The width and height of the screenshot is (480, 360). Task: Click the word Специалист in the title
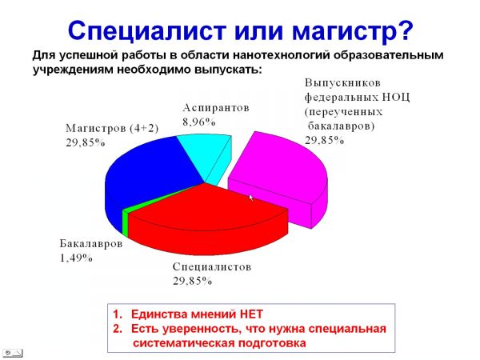[x=146, y=31]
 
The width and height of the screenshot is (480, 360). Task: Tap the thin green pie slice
[x=125, y=222]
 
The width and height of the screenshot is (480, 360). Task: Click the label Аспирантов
[x=216, y=108]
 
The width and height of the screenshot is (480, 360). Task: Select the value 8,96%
[x=199, y=122]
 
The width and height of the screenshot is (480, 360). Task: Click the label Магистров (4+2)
[x=112, y=128]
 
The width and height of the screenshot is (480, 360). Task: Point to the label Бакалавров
[x=91, y=244]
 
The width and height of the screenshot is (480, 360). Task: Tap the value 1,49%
[x=76, y=258]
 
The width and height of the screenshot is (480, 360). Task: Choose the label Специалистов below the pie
[x=212, y=266]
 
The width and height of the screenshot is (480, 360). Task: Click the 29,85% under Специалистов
[x=192, y=281]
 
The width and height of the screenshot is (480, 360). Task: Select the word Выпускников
[x=342, y=83]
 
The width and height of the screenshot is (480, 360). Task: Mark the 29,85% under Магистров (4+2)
[x=86, y=142]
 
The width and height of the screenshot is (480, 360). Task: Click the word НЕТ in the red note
[x=251, y=314]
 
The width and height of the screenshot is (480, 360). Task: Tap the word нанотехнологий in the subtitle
[x=282, y=55]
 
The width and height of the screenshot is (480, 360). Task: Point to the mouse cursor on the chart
[x=251, y=198]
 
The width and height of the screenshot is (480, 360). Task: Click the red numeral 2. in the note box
[x=118, y=329]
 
